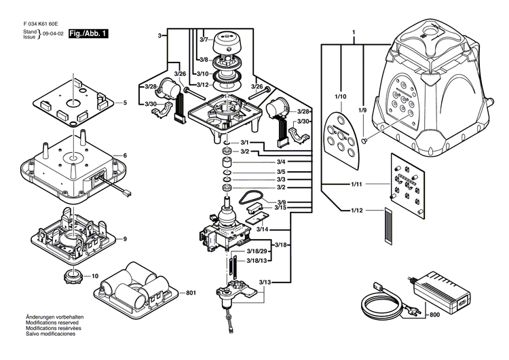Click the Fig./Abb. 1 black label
point(90,33)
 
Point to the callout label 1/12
point(358,211)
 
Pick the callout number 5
point(125,103)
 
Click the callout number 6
point(125,156)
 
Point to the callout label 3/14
point(263,230)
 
